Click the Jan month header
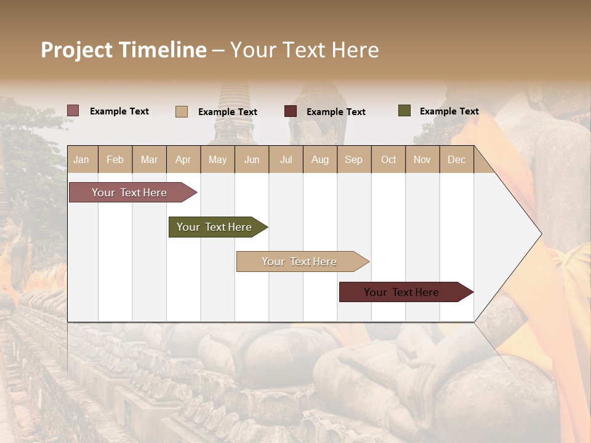pos(81,159)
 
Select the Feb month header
pos(115,159)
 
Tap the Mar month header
pos(149,159)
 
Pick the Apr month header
pos(183,159)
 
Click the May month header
pos(217,159)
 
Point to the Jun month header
pos(252,159)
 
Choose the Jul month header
pos(286,159)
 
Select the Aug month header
pos(320,159)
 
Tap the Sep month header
pos(354,159)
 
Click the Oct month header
pos(388,159)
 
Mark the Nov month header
pos(422,159)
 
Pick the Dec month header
pos(457,159)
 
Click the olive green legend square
pos(404,111)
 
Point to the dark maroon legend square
pos(291,111)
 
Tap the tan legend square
pos(182,111)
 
